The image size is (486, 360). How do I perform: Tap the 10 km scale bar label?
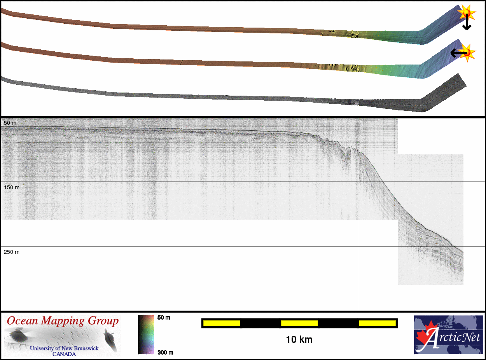pyautogui.click(x=299, y=340)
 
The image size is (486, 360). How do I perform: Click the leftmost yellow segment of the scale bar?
pyautogui.click(x=222, y=323)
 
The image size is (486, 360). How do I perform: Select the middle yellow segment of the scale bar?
pyautogui.click(x=299, y=323)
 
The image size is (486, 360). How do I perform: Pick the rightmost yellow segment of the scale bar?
pyautogui.click(x=377, y=323)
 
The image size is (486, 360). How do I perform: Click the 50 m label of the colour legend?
pyautogui.click(x=164, y=318)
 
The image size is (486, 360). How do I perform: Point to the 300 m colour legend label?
pyautogui.click(x=165, y=353)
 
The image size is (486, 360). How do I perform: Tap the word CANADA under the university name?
pyautogui.click(x=64, y=354)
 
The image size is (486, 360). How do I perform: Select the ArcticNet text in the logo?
pyautogui.click(x=453, y=337)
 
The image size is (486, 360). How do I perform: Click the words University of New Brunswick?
pyautogui.click(x=64, y=348)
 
